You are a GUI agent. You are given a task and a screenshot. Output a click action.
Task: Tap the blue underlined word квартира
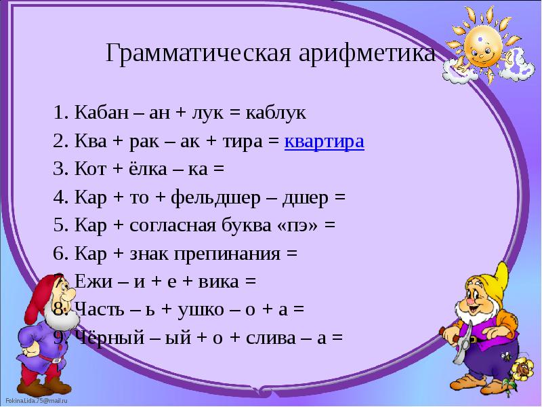325,142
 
